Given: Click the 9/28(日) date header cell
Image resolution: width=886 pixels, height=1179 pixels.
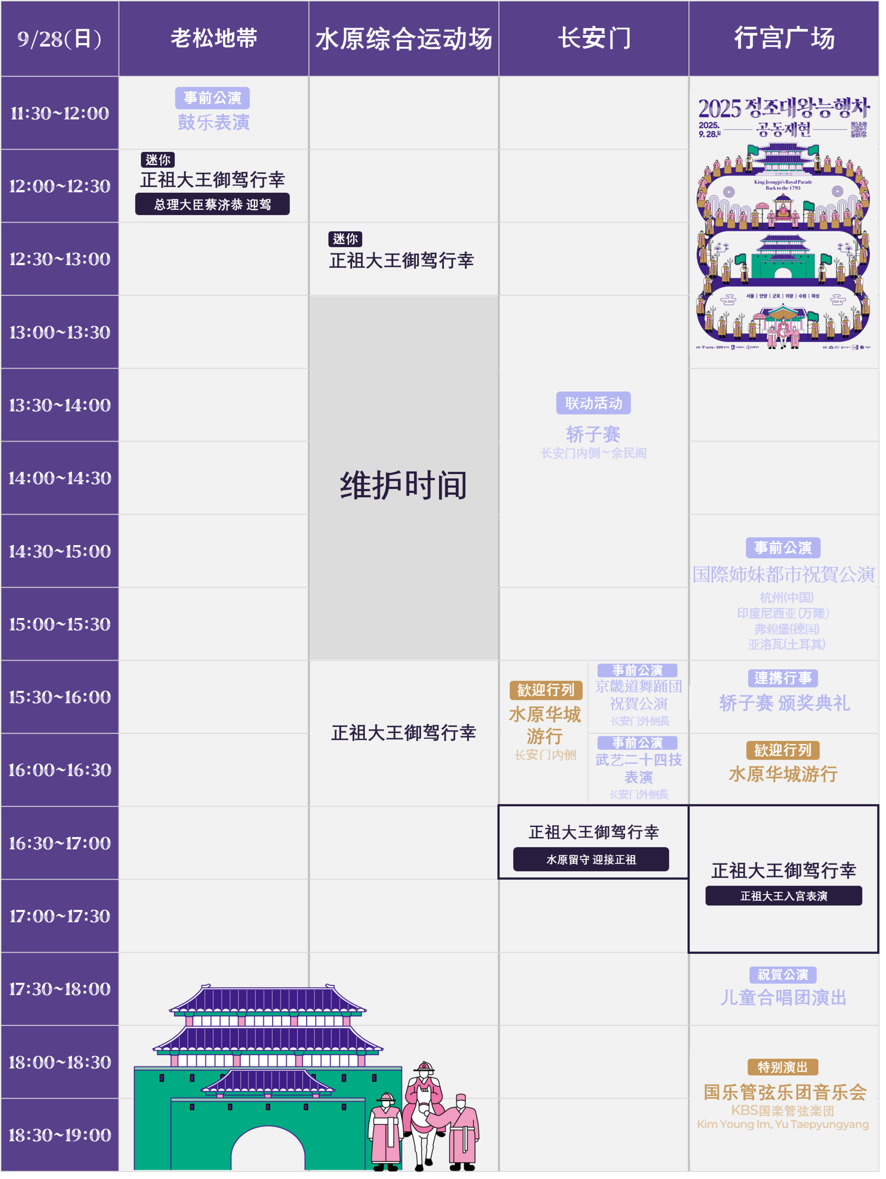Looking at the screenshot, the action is click(x=59, y=38).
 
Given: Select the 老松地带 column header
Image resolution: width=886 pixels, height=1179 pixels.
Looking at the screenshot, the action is click(x=214, y=38).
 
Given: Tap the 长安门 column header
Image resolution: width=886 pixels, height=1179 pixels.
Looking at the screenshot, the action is click(x=594, y=38).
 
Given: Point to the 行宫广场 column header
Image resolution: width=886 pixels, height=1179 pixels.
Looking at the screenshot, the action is click(x=784, y=38).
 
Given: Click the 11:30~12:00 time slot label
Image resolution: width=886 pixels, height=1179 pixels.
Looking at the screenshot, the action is click(x=59, y=113).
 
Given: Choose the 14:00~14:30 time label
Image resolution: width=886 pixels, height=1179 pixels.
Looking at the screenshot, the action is click(x=59, y=478).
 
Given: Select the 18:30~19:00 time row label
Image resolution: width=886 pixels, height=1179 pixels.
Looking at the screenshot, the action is click(x=59, y=1135).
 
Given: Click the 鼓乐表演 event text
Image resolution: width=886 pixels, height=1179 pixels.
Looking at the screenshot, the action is click(x=214, y=123).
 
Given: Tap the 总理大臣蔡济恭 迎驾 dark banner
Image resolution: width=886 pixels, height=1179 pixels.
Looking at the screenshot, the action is click(x=212, y=204).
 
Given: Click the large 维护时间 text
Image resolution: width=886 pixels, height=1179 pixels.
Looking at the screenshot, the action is click(x=404, y=485).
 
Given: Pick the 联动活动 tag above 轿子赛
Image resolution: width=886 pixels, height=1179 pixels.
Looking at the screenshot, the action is click(x=593, y=403).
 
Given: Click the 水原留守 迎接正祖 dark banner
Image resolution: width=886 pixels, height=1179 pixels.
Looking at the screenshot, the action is click(x=591, y=859).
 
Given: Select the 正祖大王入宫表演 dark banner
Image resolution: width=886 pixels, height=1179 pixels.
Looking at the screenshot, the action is click(x=783, y=896).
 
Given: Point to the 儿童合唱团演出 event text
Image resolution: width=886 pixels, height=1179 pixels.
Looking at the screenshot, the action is click(x=783, y=997).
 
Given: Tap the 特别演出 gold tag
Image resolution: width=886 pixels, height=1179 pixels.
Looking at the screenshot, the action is click(x=783, y=1067).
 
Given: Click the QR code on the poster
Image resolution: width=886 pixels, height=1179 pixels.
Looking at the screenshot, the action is click(x=858, y=130).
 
